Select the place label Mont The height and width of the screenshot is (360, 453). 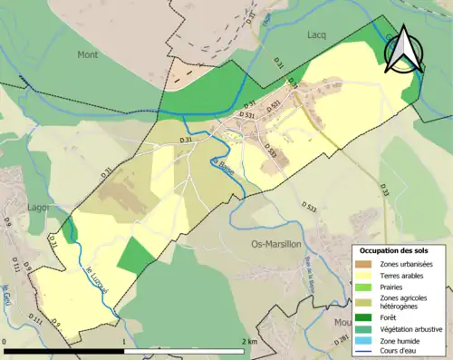tap(87, 54)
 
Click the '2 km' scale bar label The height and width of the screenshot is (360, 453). tap(250, 341)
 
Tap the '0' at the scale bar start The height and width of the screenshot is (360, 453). tap(5, 341)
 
